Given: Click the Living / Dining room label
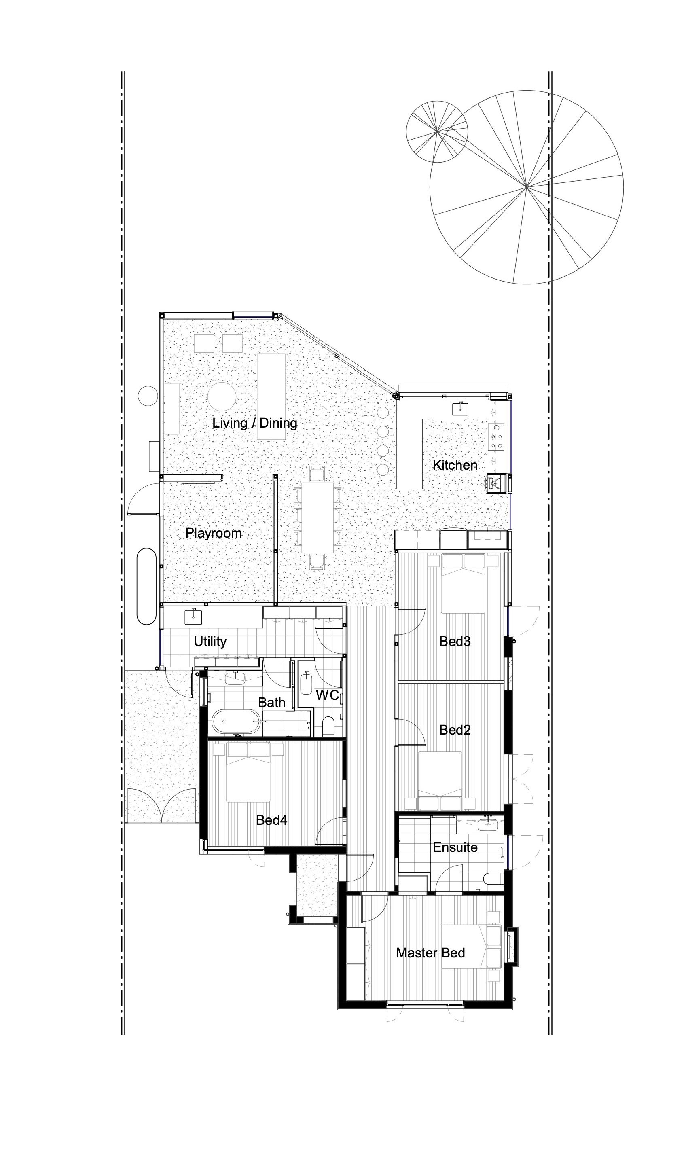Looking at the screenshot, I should (254, 423).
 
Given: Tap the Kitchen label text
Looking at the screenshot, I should (455, 465).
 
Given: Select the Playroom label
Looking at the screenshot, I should (214, 533).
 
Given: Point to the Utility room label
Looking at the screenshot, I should (210, 641).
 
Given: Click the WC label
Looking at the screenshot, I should (327, 695).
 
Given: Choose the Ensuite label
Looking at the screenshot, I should (455, 847).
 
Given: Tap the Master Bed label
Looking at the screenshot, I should (430, 953).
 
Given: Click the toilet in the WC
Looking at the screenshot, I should (328, 725).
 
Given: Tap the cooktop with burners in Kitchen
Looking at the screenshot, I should (496, 437).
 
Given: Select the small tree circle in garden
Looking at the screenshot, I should (437, 132).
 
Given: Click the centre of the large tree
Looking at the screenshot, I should (526, 187).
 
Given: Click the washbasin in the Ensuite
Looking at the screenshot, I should (488, 825).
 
